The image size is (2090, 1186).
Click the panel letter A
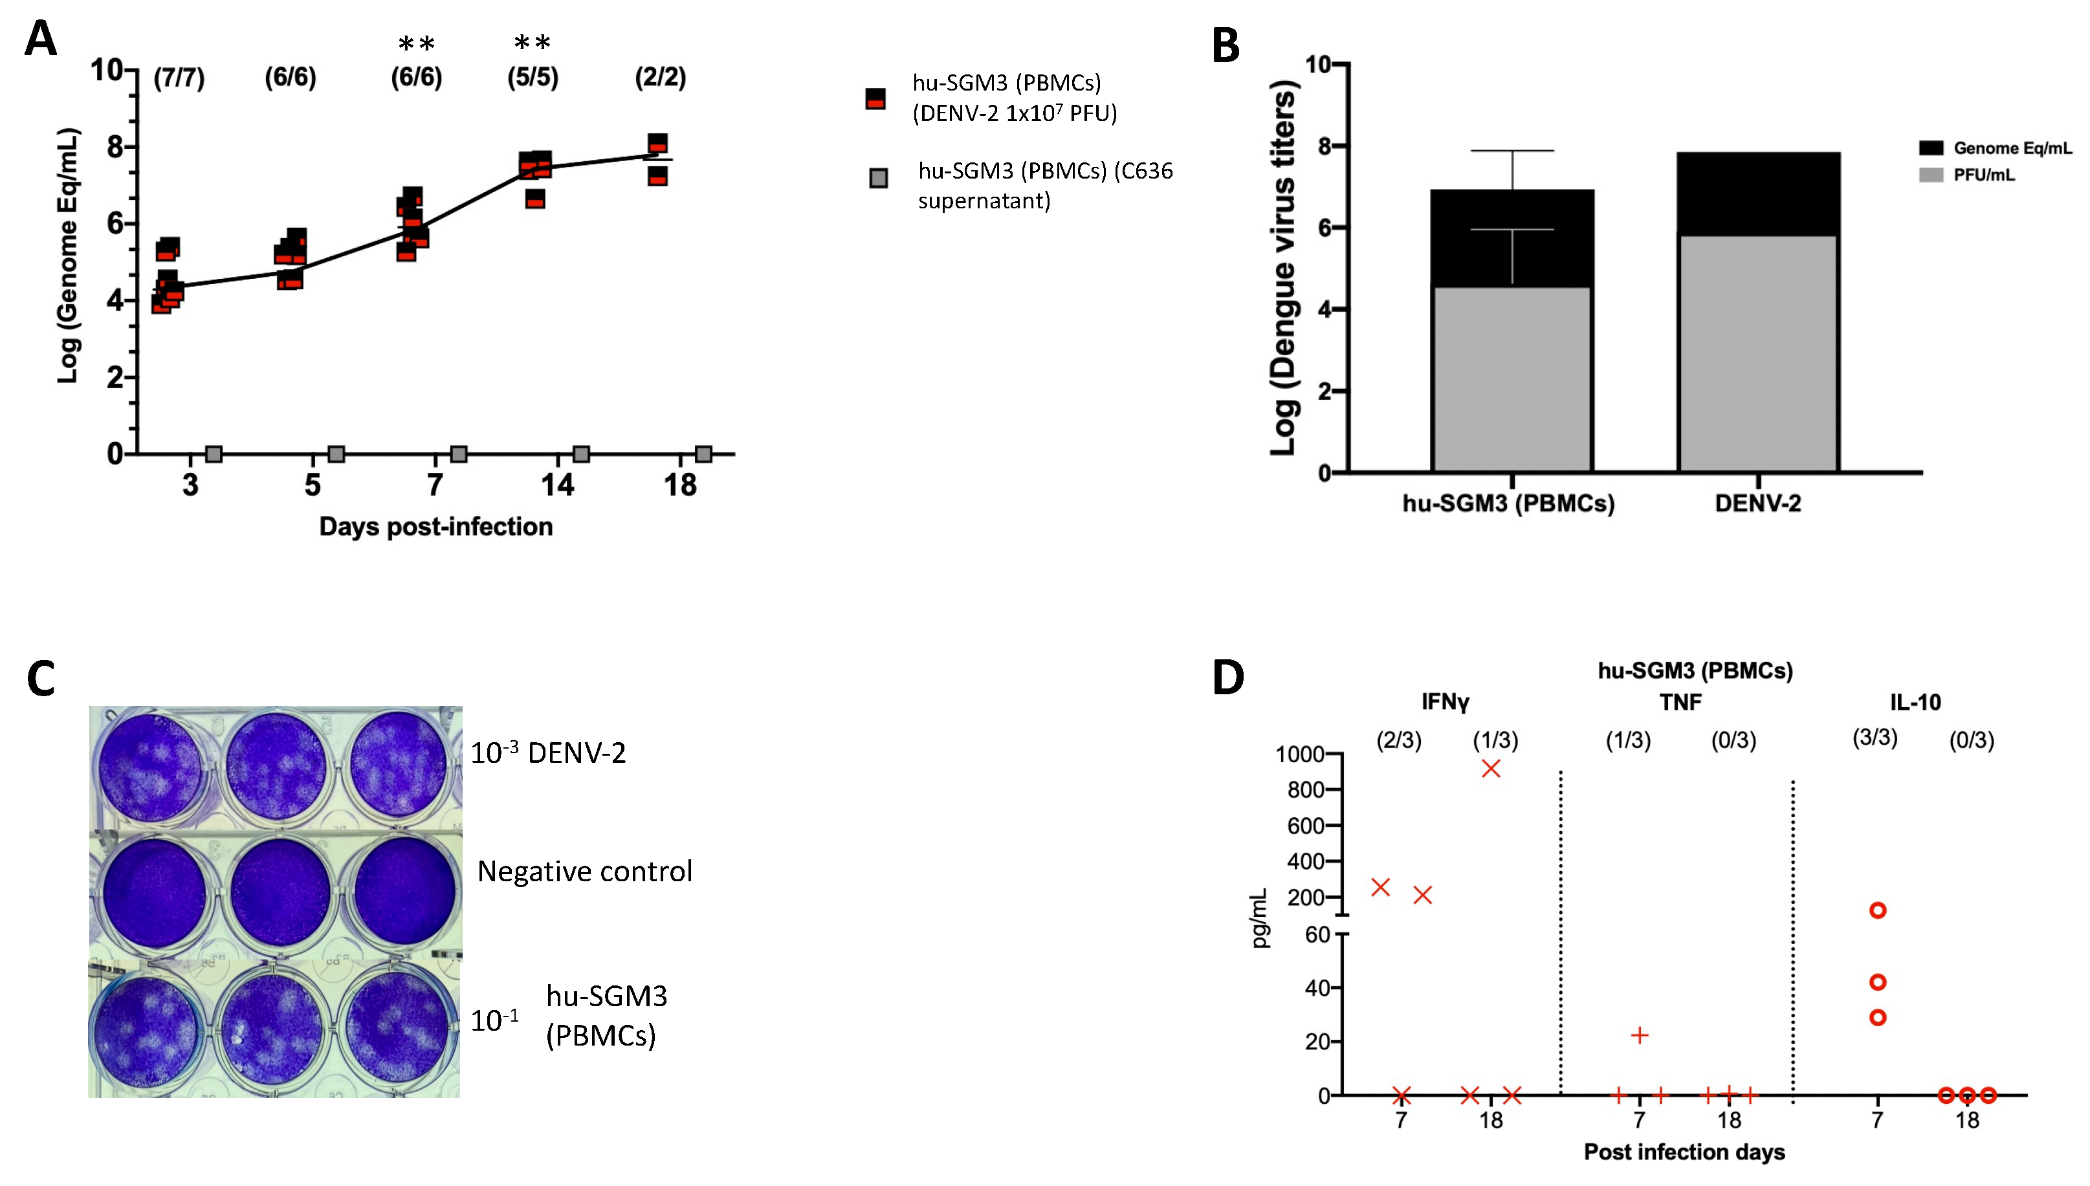tap(41, 38)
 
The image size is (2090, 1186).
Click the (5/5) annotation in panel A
tap(533, 78)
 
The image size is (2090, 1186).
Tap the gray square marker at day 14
tap(581, 454)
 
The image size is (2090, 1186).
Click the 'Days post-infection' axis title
tap(435, 527)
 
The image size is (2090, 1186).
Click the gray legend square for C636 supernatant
tap(878, 177)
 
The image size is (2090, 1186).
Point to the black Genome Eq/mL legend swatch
tap(1931, 148)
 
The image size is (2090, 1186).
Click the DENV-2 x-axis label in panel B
tap(1757, 503)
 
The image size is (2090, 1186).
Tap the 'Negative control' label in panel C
tap(585, 872)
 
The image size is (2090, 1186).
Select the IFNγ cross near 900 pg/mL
tap(1491, 768)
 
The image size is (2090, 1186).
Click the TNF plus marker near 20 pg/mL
tap(1640, 1035)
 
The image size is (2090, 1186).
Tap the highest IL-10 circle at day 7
tap(1877, 910)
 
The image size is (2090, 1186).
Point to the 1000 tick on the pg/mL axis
tap(1299, 754)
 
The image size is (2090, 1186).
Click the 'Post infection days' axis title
tap(1684, 1152)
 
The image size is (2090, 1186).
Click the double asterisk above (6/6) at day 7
tap(416, 44)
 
